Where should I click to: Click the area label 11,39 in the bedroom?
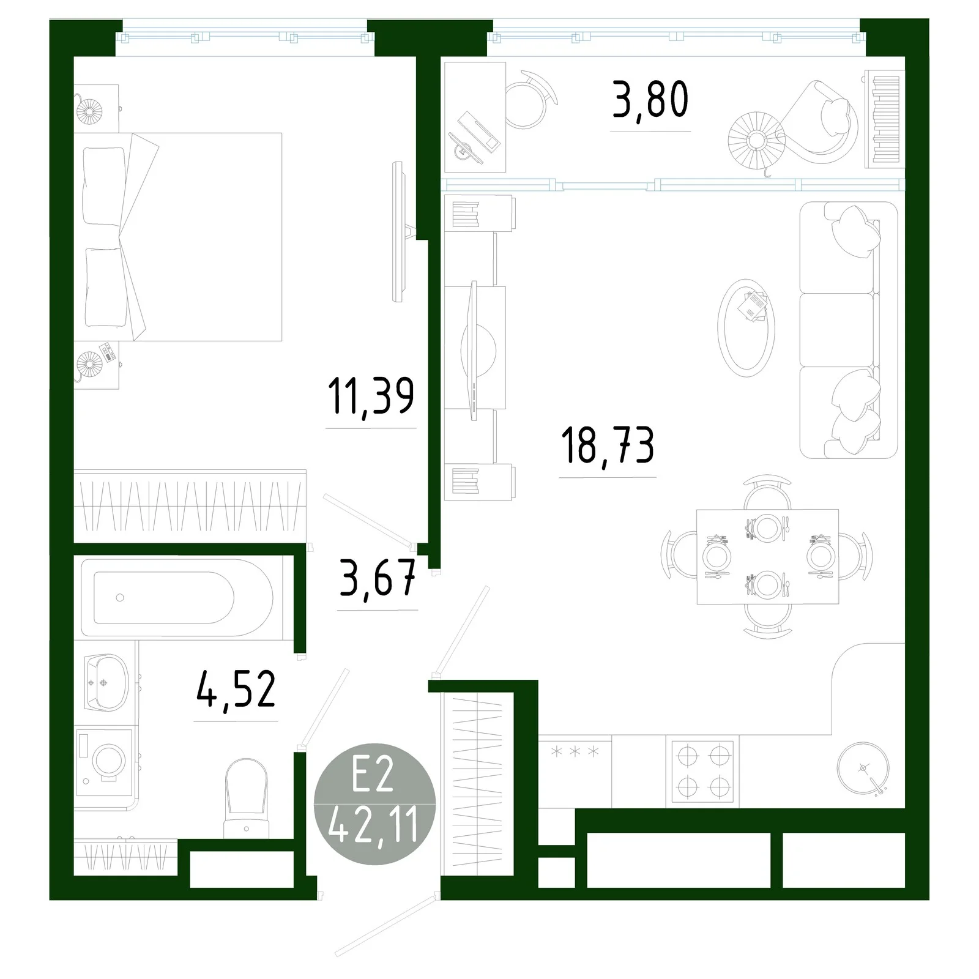[x=371, y=396]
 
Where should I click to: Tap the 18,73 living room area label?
[x=608, y=446]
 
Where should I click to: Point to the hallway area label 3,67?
[x=378, y=578]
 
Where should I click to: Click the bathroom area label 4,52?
[x=236, y=690]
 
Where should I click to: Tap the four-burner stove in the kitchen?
[x=702, y=771]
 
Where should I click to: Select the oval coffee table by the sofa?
[x=746, y=327]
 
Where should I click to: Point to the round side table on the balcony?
[x=757, y=140]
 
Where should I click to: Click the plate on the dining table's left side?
[x=717, y=556]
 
